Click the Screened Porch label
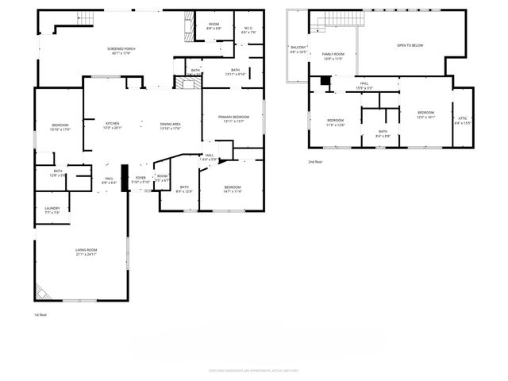pyautogui.click(x=121, y=48)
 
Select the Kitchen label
pyautogui.click(x=113, y=123)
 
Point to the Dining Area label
pyautogui.click(x=171, y=123)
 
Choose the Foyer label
pyautogui.click(x=140, y=178)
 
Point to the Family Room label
pyautogui.click(x=333, y=54)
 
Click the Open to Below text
pyautogui.click(x=410, y=45)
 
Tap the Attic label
pyautogui.click(x=463, y=119)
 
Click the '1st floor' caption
pyautogui.click(x=41, y=315)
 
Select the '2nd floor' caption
pyautogui.click(x=316, y=161)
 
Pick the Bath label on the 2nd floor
pyautogui.click(x=383, y=131)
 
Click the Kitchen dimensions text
pyautogui.click(x=113, y=128)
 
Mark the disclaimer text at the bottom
pyautogui.click(x=254, y=370)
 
